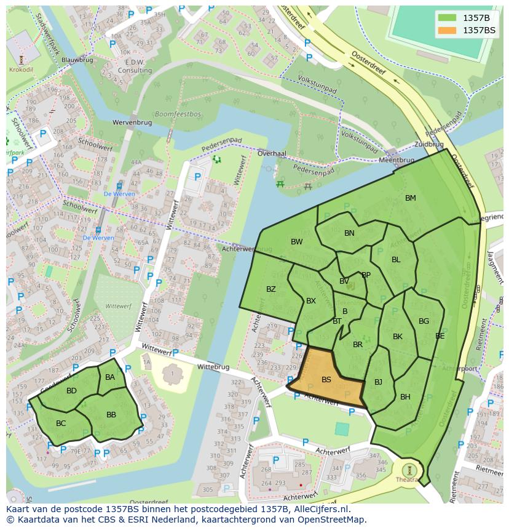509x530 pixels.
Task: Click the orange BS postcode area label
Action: (326, 380)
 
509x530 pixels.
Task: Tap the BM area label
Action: (411, 198)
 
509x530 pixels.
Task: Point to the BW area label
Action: (297, 242)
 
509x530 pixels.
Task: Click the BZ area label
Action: (271, 289)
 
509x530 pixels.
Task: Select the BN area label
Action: (349, 233)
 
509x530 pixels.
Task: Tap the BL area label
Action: (396, 260)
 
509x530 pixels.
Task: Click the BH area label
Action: (405, 397)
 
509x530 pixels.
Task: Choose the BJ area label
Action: (378, 382)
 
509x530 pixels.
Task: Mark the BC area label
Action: (61, 424)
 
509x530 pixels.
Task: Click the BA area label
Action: (110, 377)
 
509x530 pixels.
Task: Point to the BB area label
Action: (111, 415)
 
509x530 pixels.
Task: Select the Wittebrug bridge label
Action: (213, 367)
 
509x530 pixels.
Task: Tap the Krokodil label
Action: (22, 70)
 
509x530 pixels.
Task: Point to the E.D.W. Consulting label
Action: (135, 66)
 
